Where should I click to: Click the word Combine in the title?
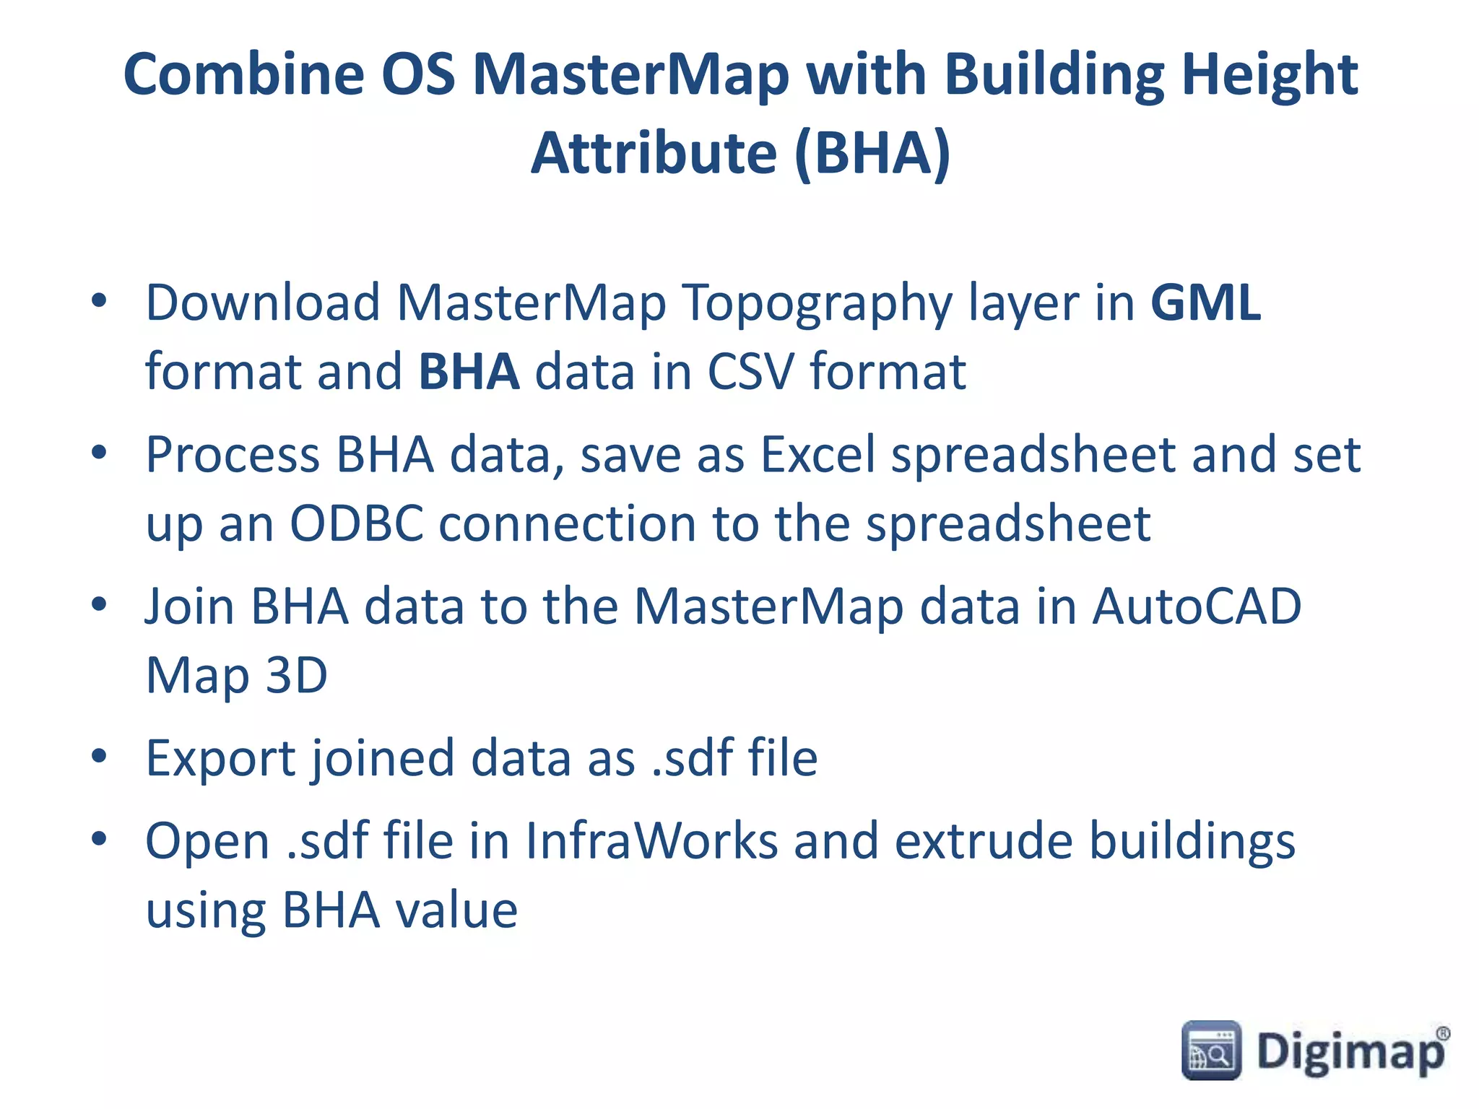pos(244,75)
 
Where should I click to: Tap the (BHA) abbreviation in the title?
pos(872,153)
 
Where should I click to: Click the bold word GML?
pos(1205,303)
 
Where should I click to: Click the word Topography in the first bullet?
pos(817,304)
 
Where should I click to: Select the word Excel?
pos(817,455)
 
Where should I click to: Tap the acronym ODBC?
pos(357,523)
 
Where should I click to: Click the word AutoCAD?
pos(1196,606)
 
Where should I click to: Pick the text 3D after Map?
pos(297,676)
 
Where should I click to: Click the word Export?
pos(221,759)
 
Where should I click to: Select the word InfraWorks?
pos(651,841)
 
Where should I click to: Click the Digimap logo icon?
pos(1211,1051)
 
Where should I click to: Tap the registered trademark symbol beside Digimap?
pos(1441,1034)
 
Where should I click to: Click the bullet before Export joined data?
pos(100,757)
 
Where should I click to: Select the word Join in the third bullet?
pos(189,606)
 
